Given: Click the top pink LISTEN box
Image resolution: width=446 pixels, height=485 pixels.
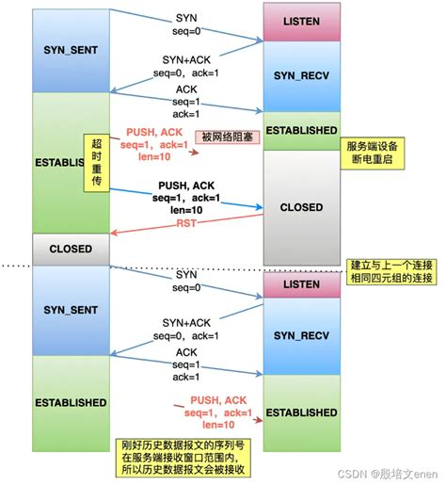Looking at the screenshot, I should (300, 21).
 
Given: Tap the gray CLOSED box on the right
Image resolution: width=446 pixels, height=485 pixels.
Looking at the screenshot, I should (300, 206).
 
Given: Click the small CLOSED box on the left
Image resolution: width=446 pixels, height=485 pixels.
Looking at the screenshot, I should (71, 250).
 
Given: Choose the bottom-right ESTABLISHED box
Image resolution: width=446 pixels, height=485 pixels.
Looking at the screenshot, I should (300, 412).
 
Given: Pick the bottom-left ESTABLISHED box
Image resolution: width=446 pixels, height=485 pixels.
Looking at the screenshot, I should (71, 402).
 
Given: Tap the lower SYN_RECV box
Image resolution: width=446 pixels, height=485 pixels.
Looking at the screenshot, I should (300, 333).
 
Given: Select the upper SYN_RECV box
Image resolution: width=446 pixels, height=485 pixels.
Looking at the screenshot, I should (300, 74).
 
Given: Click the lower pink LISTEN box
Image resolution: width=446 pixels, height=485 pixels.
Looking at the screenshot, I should (300, 283).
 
